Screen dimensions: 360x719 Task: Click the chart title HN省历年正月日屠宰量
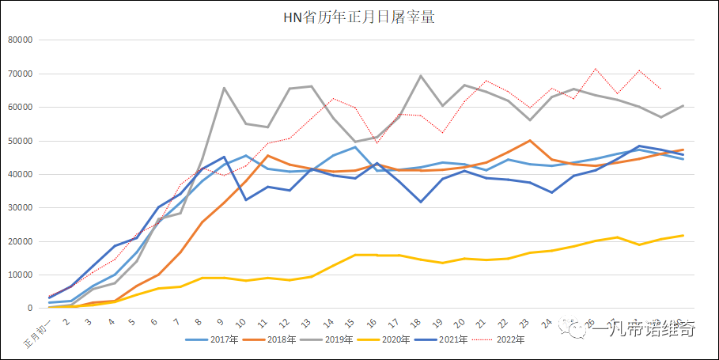(359, 17)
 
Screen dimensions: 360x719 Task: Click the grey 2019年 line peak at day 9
(225, 88)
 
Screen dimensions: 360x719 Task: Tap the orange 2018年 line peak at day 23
(529, 140)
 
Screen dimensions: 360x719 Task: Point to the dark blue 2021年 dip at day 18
(421, 202)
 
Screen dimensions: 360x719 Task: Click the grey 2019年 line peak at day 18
(421, 76)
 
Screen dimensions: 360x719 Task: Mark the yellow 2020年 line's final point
(683, 236)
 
